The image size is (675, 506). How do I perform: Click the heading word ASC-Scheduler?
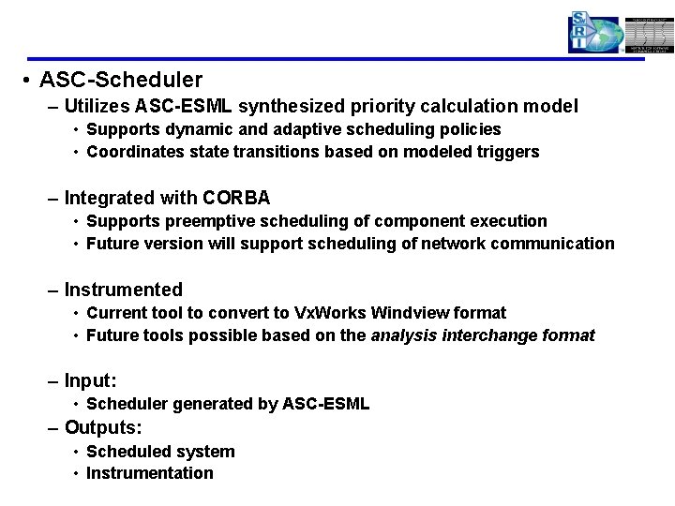(x=121, y=81)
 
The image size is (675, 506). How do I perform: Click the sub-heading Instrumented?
(x=123, y=290)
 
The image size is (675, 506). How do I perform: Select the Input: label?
(x=90, y=381)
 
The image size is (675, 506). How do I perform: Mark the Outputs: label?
(x=103, y=427)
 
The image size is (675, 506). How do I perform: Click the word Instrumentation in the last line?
(x=149, y=473)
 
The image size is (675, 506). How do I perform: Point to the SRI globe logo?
(x=594, y=33)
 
